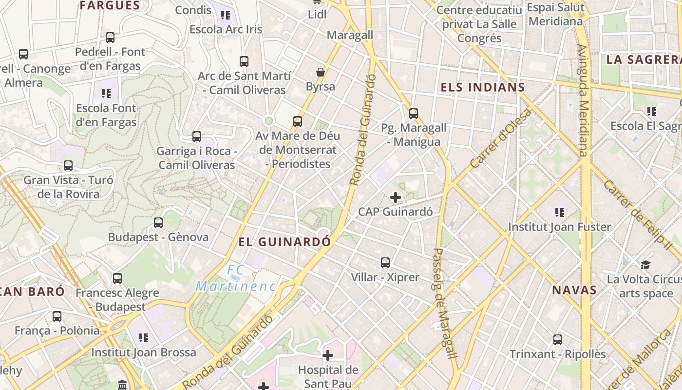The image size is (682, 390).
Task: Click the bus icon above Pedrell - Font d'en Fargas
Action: (x=110, y=38)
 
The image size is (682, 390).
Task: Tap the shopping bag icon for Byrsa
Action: (x=320, y=73)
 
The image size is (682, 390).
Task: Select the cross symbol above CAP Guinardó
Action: (x=396, y=197)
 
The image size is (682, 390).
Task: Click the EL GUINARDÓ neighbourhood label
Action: (x=285, y=242)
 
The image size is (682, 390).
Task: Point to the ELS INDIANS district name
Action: (x=482, y=88)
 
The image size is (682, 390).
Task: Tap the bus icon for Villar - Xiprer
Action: (x=385, y=263)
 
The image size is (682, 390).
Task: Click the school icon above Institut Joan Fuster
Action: (x=559, y=213)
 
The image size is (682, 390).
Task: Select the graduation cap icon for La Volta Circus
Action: (x=645, y=265)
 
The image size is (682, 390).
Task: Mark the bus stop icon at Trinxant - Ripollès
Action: (x=558, y=340)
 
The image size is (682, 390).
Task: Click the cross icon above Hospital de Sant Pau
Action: (x=328, y=355)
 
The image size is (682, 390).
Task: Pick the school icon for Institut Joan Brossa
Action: (x=143, y=338)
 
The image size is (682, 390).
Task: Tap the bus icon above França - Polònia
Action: (x=57, y=316)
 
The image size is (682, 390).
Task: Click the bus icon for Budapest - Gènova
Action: (x=158, y=223)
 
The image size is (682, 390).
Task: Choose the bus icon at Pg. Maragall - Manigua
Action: (x=414, y=114)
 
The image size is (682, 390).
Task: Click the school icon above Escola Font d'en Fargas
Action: (x=106, y=94)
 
